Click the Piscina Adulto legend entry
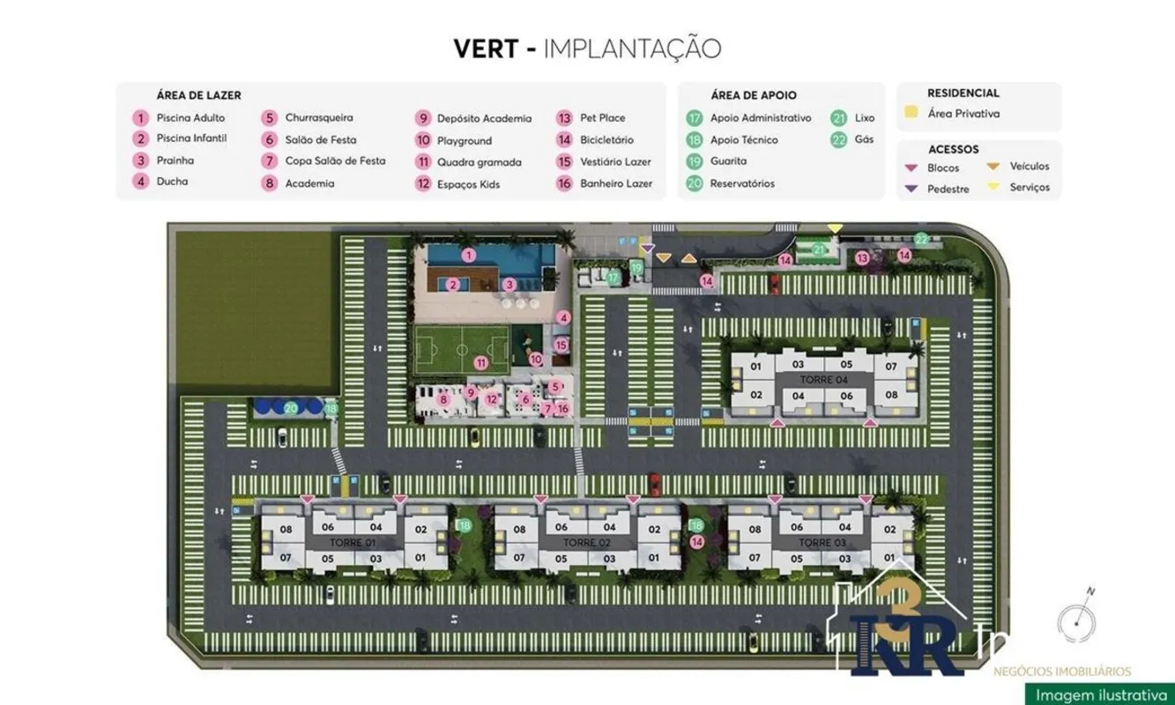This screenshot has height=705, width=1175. pos(190,117)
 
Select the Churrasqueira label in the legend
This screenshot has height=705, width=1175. pos(318,117)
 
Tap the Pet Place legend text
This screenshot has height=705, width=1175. pos(602,117)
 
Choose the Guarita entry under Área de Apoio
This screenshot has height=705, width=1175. pos(728,161)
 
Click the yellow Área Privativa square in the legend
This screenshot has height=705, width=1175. pos(911,113)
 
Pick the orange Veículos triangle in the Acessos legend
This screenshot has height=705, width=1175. pos(993,166)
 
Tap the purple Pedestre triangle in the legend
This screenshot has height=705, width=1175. pos(911,188)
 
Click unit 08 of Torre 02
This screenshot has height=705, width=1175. pos(520,530)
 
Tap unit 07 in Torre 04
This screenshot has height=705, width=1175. pos(891,366)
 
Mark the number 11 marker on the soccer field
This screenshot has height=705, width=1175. pos(480,362)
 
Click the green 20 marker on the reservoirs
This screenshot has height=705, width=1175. pos(291,407)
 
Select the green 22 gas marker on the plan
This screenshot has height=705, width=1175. pos(921,239)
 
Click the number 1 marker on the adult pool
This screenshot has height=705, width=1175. pos(469,255)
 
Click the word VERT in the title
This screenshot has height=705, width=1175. pos(485,48)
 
